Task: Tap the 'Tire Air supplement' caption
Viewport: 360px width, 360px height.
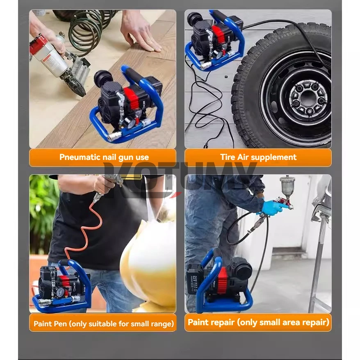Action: [258, 157]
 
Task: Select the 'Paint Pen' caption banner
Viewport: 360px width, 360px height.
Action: [103, 324]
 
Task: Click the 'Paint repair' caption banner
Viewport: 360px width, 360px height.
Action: [258, 322]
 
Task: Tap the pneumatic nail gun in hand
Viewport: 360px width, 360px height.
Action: [62, 62]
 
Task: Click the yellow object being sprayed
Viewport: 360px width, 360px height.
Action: [150, 262]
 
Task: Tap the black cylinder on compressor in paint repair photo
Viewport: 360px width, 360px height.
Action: [241, 269]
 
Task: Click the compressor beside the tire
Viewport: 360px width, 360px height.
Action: [213, 41]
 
